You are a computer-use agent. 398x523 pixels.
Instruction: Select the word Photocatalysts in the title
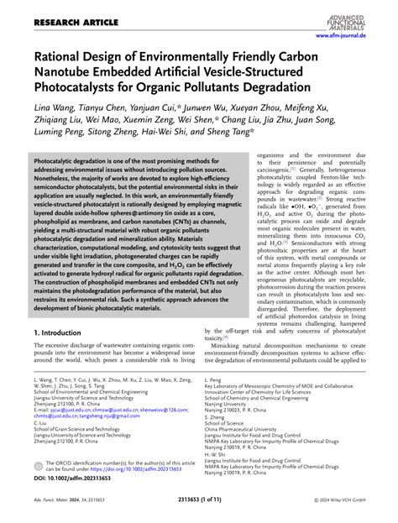76,86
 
